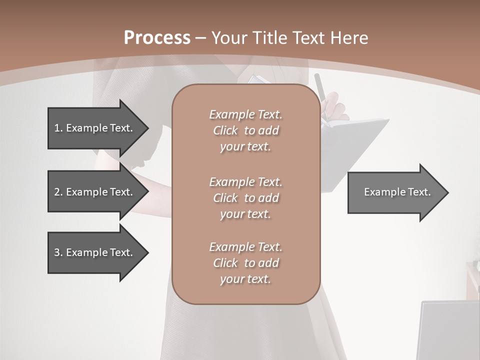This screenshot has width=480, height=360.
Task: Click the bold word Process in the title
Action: pos(157,38)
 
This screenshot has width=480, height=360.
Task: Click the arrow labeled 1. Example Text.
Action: pos(95,128)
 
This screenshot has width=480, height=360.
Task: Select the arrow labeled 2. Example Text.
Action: pos(95,192)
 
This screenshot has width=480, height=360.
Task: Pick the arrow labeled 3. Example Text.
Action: pos(95,252)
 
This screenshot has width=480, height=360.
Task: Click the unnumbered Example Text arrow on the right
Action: pos(395,192)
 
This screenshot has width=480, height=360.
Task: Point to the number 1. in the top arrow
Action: pos(58,128)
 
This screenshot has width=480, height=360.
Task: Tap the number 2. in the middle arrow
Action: pos(58,192)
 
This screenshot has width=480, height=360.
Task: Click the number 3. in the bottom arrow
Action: pos(58,252)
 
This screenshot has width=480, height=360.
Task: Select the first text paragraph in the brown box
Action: pos(245,130)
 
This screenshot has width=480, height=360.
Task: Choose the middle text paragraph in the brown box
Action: pos(245,198)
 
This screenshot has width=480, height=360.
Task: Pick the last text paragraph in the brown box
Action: pos(245,263)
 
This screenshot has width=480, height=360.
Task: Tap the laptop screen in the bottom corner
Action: pos(447,330)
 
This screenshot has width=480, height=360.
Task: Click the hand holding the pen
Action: pos(334,107)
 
